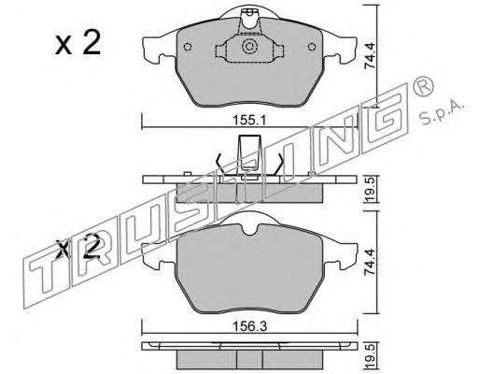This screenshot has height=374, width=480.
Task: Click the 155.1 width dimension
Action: (x=249, y=121)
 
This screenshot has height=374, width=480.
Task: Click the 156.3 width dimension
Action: (x=250, y=327)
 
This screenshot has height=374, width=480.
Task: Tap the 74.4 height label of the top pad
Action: (x=371, y=56)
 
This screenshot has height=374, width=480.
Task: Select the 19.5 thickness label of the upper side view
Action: (x=371, y=189)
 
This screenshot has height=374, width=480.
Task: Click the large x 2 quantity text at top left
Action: (x=78, y=43)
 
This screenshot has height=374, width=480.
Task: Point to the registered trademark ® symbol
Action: (x=423, y=86)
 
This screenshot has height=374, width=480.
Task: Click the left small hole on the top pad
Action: (x=188, y=47)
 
